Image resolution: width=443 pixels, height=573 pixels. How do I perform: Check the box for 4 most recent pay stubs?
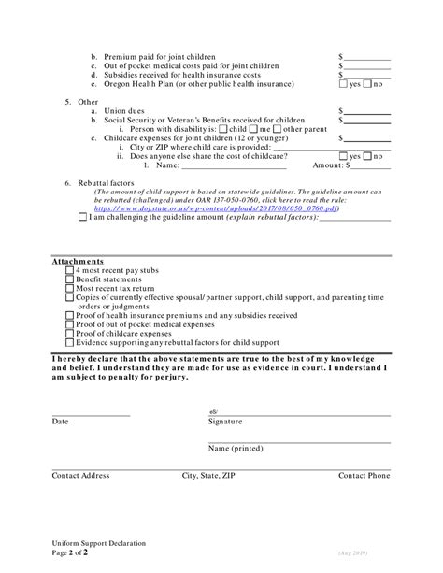click(70, 270)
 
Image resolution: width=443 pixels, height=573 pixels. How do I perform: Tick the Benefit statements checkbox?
click(70, 279)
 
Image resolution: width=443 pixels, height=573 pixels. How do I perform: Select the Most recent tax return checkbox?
click(70, 289)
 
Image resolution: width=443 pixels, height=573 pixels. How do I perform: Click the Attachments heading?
click(78, 261)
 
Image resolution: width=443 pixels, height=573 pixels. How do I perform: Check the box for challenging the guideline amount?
click(83, 218)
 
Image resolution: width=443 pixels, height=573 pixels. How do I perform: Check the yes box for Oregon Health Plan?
click(343, 84)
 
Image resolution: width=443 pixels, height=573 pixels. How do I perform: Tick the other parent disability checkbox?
click(278, 129)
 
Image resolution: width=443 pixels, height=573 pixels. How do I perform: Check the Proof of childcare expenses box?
click(70, 334)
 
